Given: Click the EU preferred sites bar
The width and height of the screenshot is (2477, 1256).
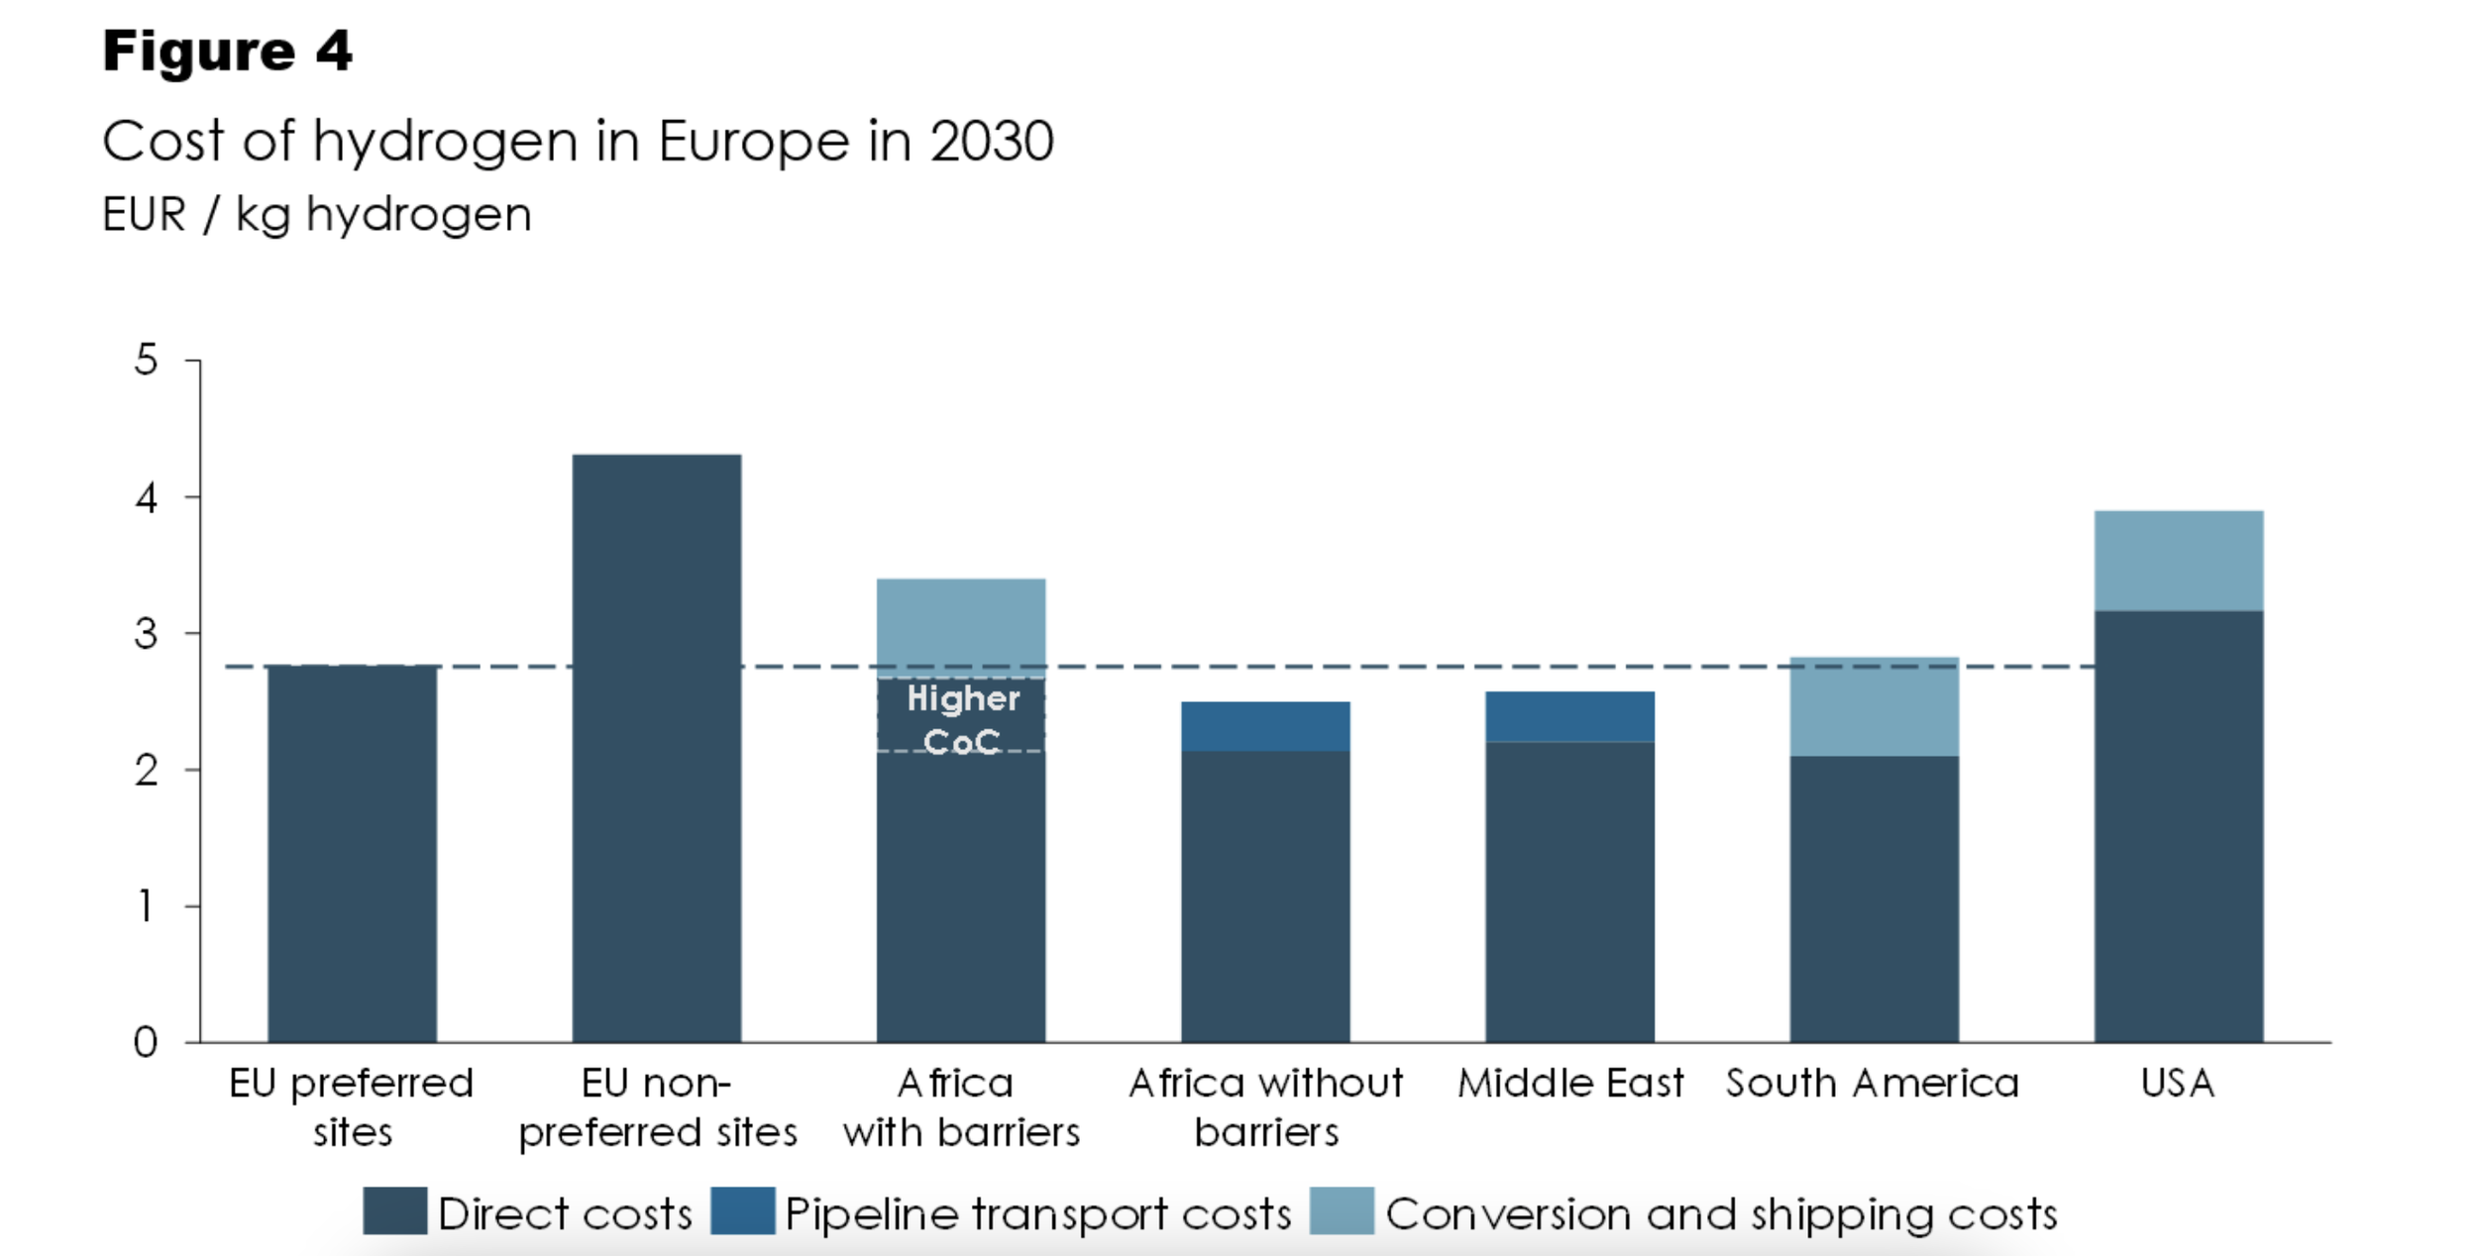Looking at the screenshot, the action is click(x=352, y=854).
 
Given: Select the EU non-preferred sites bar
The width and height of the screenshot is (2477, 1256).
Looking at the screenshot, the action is click(x=657, y=749).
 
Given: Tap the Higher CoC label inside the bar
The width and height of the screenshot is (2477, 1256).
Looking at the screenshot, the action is click(x=962, y=719).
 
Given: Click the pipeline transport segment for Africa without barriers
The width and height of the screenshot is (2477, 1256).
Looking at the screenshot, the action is click(x=1265, y=727).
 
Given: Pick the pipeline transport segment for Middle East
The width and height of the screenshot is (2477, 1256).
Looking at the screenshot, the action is click(x=1570, y=717).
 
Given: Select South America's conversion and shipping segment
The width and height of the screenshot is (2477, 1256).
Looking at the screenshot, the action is click(x=1875, y=707).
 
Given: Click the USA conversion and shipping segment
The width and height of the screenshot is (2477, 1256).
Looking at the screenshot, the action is click(x=2179, y=562).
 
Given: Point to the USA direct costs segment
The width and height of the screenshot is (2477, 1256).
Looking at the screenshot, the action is click(x=2179, y=827).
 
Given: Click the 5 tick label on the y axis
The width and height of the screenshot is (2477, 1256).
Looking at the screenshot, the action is click(x=147, y=360).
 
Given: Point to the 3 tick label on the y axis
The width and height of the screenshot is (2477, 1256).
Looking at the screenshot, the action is click(x=147, y=634).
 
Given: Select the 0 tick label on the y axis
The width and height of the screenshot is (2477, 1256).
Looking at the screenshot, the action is click(x=146, y=1042).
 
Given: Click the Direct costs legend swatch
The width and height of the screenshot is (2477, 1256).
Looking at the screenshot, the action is click(x=394, y=1211).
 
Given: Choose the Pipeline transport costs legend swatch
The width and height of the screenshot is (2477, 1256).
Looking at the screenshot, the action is click(x=742, y=1211).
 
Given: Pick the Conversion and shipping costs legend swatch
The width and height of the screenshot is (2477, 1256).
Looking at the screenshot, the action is click(x=1342, y=1211).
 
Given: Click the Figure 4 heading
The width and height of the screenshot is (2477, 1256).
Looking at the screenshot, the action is click(x=227, y=51).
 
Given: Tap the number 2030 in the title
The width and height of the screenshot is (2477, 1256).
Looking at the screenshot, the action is click(x=992, y=142).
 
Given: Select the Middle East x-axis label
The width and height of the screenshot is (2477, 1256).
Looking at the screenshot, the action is click(x=1570, y=1084).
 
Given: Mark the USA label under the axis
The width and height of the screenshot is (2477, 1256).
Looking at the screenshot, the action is click(x=2178, y=1084).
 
